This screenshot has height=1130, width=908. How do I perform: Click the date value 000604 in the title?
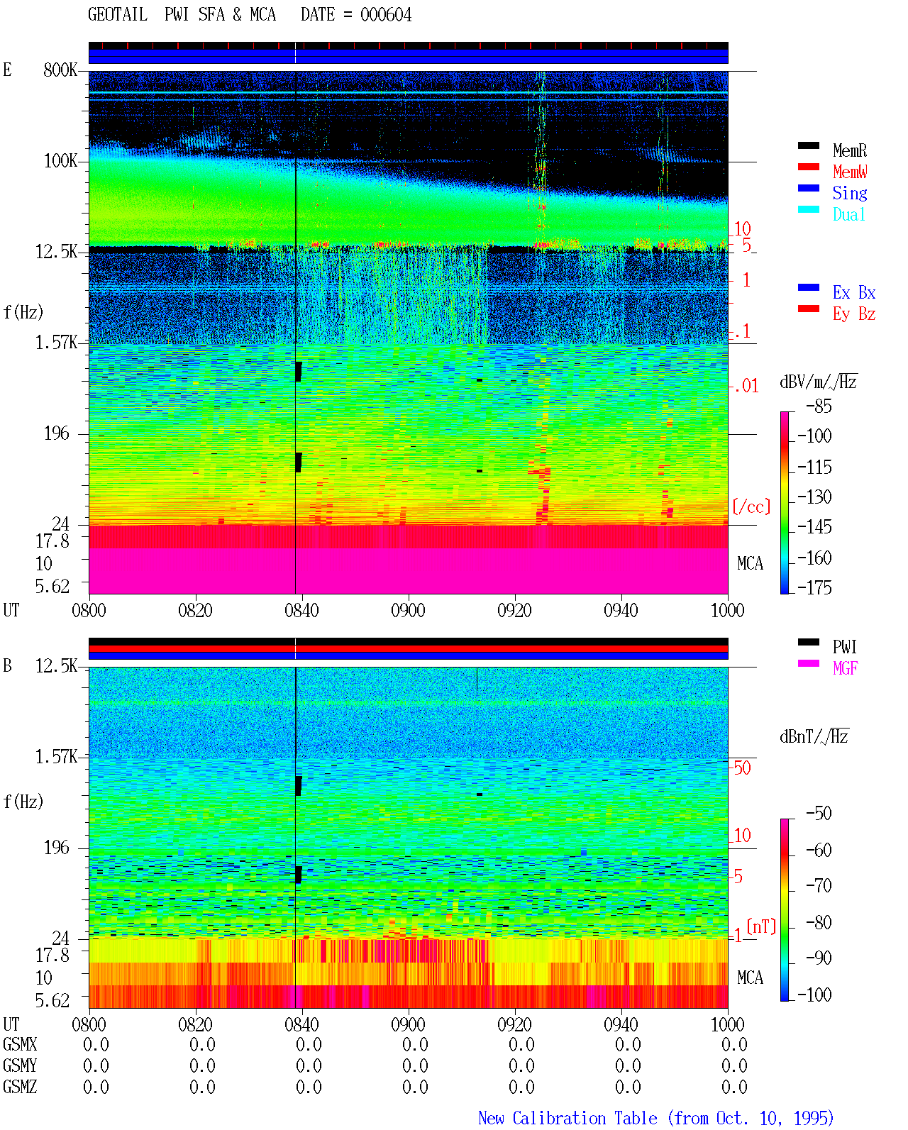(386, 15)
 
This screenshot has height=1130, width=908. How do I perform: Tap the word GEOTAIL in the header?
(118, 15)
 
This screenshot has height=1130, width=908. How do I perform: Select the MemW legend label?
(850, 172)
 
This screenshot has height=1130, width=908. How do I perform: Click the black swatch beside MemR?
(808, 145)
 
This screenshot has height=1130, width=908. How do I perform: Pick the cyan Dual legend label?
(849, 214)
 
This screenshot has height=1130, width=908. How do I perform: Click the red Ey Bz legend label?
(854, 314)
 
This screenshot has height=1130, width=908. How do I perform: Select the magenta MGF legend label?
(845, 668)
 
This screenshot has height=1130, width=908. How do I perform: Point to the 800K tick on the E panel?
(60, 70)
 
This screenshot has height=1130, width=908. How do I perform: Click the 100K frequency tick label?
(60, 161)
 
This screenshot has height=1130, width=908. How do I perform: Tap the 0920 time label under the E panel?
(515, 610)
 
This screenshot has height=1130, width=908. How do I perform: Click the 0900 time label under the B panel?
(408, 1024)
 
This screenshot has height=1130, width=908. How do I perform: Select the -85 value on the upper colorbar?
(819, 406)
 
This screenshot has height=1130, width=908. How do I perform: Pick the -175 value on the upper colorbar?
(814, 587)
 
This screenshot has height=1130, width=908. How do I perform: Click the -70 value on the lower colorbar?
(819, 886)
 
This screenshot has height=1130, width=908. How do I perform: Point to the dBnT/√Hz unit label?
(814, 737)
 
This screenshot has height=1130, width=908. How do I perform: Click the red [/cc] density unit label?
(751, 506)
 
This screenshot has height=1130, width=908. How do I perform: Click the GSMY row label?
(20, 1065)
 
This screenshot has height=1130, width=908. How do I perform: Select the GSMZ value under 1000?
(734, 1087)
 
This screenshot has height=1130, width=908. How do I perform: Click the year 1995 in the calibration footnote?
(814, 1118)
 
